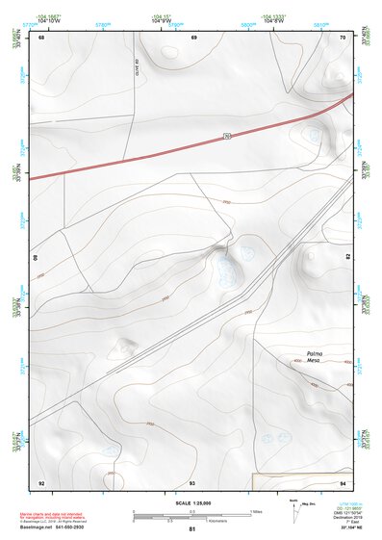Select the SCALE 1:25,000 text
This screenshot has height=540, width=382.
click(192, 502)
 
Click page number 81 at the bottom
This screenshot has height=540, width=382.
click(192, 530)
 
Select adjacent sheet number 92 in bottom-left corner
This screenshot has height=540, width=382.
click(41, 481)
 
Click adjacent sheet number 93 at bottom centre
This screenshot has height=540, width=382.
click(192, 481)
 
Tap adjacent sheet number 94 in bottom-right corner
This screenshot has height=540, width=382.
click(343, 481)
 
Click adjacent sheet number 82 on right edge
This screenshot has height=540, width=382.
click(347, 258)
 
